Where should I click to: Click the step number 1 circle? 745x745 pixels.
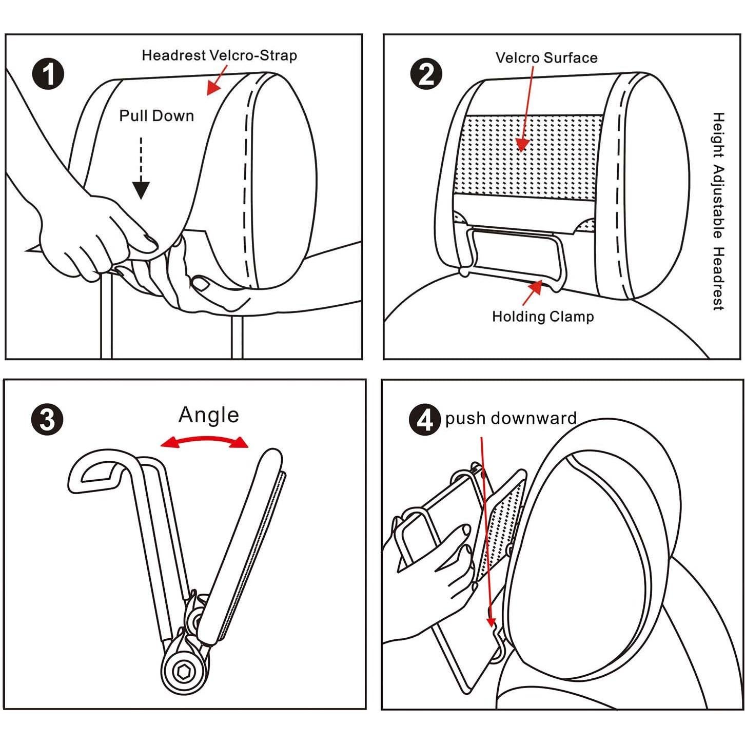click(x=48, y=74)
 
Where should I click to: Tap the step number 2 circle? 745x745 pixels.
click(x=426, y=74)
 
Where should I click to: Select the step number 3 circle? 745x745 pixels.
click(x=47, y=419)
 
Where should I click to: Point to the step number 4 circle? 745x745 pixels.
click(x=424, y=419)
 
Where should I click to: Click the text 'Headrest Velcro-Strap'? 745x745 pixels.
click(x=219, y=55)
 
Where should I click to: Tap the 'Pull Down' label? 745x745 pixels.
click(x=156, y=116)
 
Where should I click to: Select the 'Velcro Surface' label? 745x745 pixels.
click(x=546, y=57)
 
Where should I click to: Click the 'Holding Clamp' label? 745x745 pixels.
click(x=543, y=317)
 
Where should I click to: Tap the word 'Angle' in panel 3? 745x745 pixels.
click(x=209, y=415)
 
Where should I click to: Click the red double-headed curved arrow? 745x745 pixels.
click(x=204, y=441)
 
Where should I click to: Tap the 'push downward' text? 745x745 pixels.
click(x=511, y=418)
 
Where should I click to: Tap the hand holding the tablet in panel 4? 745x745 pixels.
click(x=441, y=570)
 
